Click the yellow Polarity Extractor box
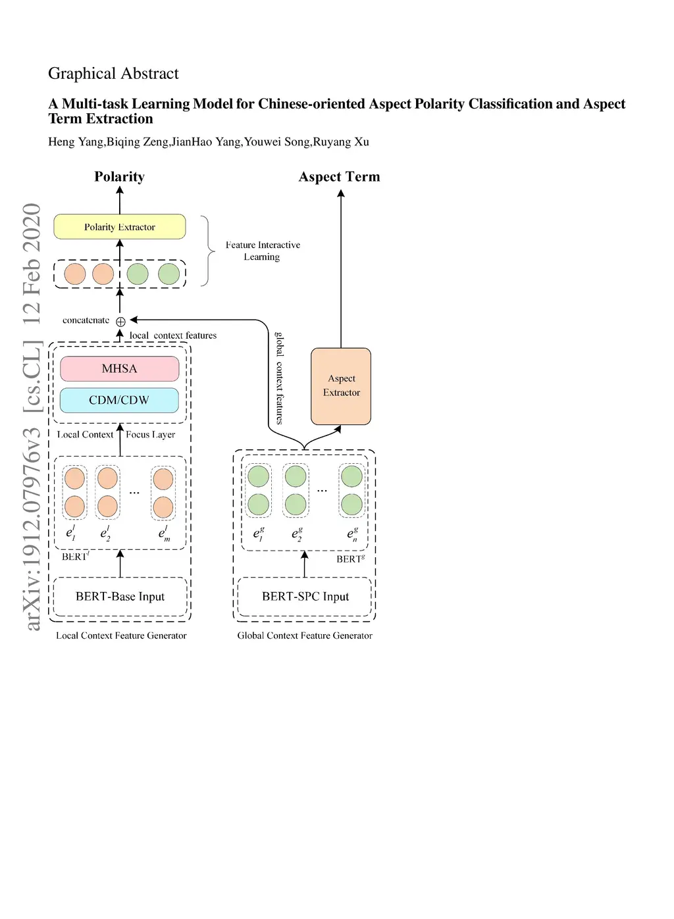click(119, 227)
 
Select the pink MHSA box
click(119, 368)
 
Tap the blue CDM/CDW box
click(119, 400)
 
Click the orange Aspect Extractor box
click(341, 386)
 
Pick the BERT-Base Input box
click(120, 597)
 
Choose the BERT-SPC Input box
click(305, 597)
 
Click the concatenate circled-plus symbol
click(120, 322)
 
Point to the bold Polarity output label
click(119, 176)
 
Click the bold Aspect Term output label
click(339, 176)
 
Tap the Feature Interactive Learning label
click(263, 251)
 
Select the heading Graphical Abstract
click(113, 73)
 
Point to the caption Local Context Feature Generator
click(121, 635)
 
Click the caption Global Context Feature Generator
click(305, 635)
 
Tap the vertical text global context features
click(280, 378)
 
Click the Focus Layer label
click(150, 434)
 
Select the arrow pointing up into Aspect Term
click(341, 263)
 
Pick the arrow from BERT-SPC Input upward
click(304, 564)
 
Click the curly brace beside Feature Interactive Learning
click(207, 251)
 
